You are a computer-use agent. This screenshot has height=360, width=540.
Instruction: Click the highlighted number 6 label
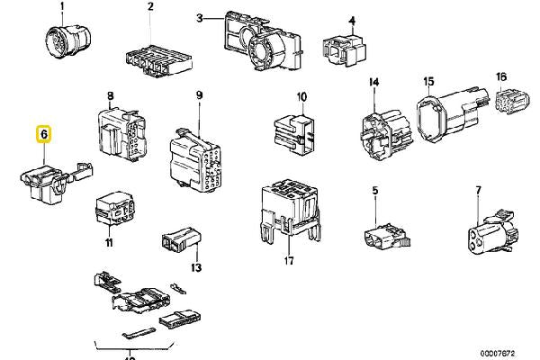[43, 134]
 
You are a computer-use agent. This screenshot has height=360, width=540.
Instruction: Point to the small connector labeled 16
[509, 106]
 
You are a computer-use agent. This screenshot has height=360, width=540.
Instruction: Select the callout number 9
[199, 94]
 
